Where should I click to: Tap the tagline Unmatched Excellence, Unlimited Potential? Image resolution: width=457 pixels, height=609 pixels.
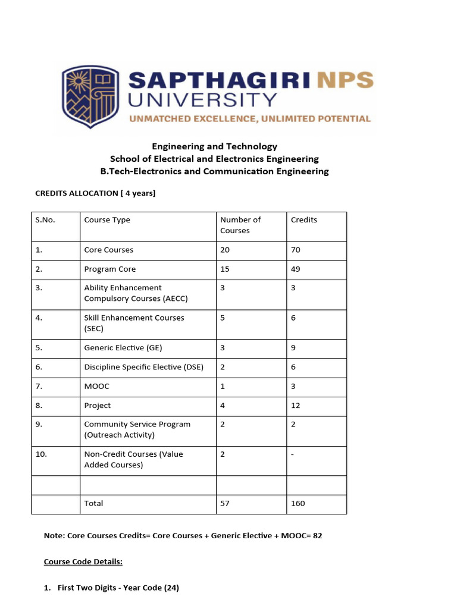(250, 119)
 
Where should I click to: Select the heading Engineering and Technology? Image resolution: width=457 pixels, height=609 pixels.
(214, 146)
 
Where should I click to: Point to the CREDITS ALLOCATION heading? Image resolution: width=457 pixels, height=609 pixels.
(95, 193)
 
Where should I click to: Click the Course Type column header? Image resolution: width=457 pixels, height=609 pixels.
(107, 220)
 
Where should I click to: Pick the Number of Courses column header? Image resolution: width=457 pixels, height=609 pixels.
(240, 225)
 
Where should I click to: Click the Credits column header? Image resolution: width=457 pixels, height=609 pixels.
(304, 220)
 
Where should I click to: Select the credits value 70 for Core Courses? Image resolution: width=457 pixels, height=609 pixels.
(296, 250)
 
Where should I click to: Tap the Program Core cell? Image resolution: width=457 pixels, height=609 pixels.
(110, 269)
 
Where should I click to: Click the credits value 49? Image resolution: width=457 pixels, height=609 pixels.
(296, 269)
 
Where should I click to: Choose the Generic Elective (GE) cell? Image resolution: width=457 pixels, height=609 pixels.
(123, 349)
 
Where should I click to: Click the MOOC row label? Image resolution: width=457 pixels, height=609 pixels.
(97, 387)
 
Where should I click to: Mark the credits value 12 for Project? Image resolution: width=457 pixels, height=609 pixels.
(296, 406)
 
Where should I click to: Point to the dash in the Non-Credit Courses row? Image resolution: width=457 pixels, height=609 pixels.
(292, 455)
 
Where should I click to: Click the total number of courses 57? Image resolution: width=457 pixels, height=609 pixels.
(225, 504)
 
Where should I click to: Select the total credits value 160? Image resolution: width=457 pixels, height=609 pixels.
(298, 504)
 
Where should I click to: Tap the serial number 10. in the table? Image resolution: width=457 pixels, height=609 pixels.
(41, 454)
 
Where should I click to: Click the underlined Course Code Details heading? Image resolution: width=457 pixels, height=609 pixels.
(83, 561)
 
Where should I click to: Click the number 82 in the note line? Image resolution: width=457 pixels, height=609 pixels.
(317, 536)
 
